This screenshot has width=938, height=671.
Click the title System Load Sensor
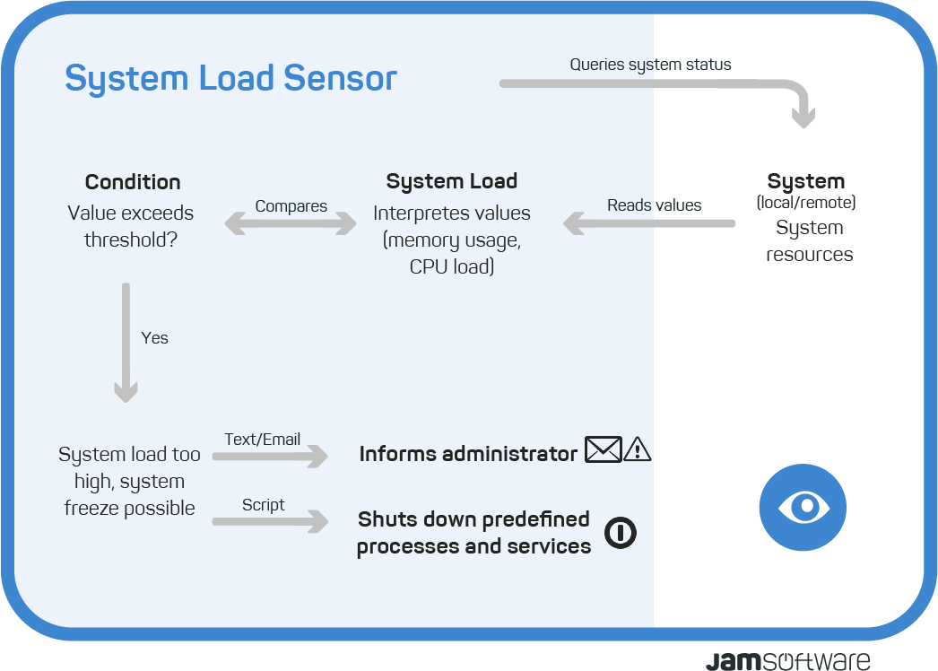point(230,78)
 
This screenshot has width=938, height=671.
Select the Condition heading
point(133,182)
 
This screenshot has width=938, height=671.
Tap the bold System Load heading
point(452,181)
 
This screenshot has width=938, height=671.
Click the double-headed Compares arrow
point(291,223)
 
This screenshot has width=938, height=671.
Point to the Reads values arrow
point(649,223)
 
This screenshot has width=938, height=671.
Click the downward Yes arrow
point(126,343)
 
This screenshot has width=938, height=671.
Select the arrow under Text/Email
point(271,456)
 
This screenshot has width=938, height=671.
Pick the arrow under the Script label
point(271,521)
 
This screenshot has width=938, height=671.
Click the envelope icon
point(603,449)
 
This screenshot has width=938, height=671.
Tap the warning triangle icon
point(637,449)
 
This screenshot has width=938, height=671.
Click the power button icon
point(621,532)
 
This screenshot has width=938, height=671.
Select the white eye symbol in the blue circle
point(803,507)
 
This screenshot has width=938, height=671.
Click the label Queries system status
point(650,65)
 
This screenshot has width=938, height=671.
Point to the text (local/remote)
point(806,203)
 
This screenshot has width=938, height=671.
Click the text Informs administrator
point(468,454)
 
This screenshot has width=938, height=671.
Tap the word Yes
point(154,338)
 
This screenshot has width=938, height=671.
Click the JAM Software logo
point(788,661)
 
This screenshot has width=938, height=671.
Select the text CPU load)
point(452,266)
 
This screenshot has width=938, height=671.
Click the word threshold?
point(131,240)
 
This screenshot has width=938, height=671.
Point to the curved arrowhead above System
point(803,118)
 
